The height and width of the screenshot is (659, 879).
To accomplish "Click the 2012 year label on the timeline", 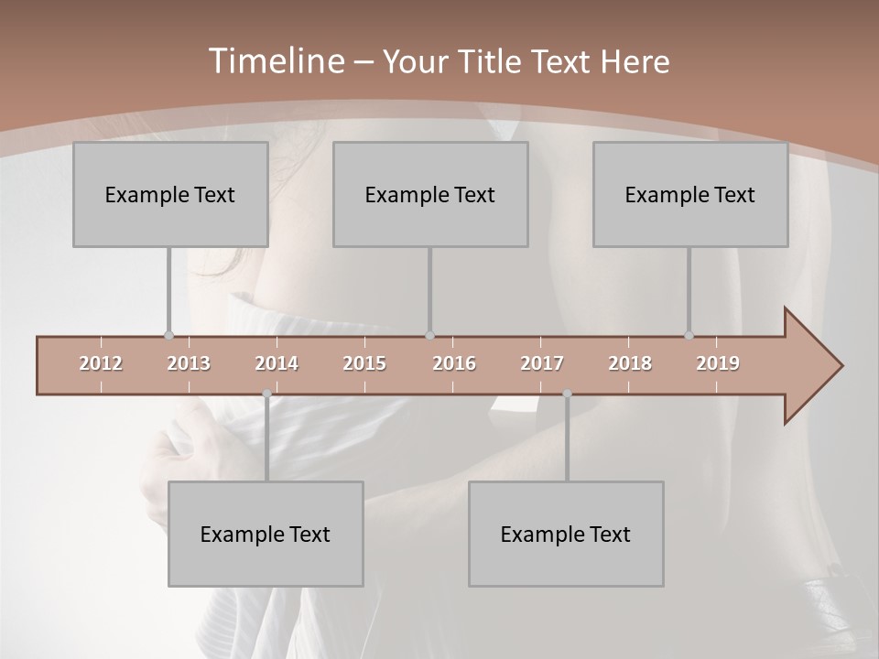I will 101,363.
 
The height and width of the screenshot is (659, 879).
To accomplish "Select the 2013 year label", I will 189,363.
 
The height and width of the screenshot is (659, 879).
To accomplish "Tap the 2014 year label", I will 277,363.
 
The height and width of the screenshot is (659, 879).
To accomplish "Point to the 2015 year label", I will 364,363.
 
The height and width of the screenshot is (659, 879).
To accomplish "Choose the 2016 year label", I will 454,363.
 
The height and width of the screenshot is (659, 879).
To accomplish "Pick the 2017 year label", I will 542,363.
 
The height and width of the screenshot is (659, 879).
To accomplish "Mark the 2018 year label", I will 630,363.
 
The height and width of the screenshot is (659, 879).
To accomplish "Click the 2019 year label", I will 718,363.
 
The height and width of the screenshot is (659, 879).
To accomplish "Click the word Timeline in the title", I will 274,61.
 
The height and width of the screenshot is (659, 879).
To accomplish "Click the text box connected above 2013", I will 170,194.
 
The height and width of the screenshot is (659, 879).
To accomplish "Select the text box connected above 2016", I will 430,194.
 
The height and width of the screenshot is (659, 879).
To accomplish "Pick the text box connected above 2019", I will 690,194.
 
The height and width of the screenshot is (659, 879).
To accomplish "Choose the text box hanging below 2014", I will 266,534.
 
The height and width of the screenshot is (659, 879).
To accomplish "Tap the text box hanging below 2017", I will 566,534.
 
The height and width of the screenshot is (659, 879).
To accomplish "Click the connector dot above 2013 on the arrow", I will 168,336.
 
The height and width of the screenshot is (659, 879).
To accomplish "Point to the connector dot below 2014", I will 266,394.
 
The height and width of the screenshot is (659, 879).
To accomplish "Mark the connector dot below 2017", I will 567,394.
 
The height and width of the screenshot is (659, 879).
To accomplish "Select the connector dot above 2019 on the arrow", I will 689,336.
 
